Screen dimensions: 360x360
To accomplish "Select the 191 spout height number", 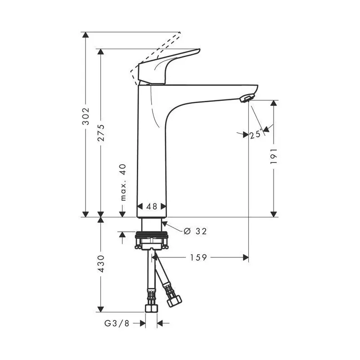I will click(274, 157).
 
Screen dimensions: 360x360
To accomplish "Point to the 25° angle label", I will click(256, 134).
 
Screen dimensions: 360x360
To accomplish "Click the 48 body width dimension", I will click(152, 207).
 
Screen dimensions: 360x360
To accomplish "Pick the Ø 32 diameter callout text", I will click(195, 231).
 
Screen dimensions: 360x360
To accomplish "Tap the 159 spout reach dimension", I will click(198, 257).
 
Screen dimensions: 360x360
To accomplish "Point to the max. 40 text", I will click(123, 182).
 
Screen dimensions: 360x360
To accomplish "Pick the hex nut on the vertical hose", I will click(151, 309).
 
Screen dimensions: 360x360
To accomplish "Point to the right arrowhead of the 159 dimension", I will click(246, 257).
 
